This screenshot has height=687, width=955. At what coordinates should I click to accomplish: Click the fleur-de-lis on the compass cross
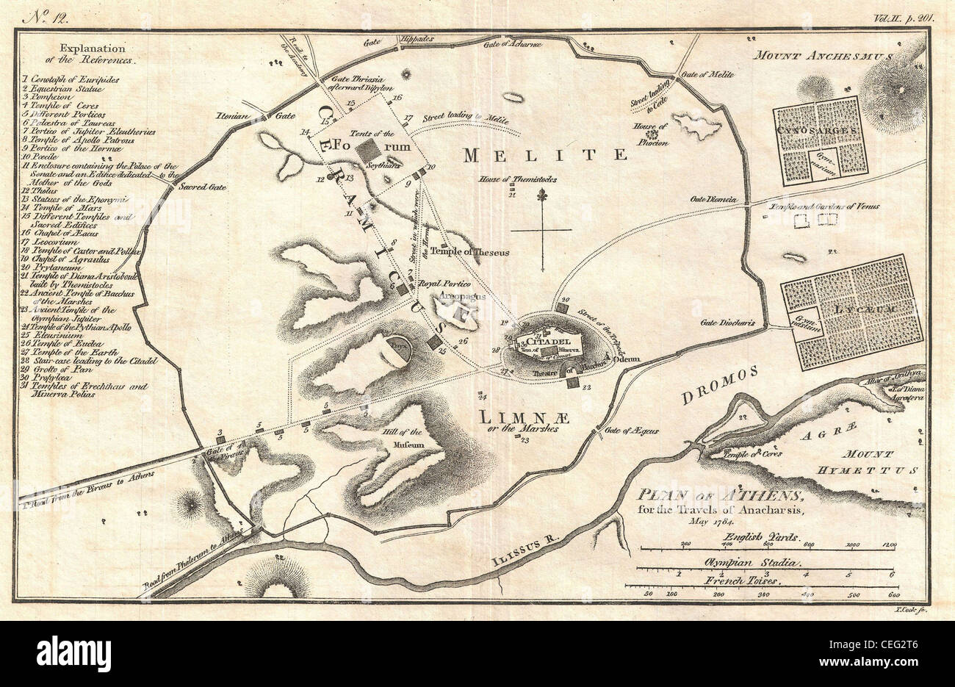(542, 198)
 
